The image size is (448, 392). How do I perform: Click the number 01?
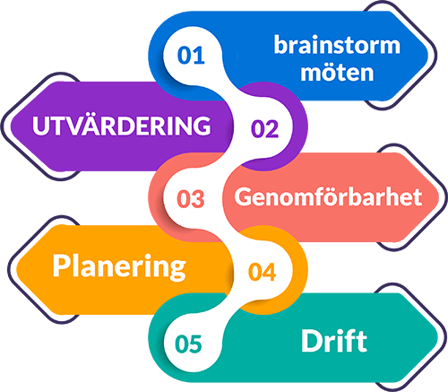191,56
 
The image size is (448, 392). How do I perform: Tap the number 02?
264,128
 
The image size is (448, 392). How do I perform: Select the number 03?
191,199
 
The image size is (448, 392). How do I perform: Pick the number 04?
262,272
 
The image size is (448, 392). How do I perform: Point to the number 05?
188,344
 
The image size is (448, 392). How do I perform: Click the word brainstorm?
337,45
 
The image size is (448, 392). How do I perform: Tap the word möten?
337,73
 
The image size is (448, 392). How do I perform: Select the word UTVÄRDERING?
122,126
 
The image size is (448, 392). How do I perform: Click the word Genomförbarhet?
328,196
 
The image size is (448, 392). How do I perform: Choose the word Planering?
119,267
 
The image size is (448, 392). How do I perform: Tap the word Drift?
334,341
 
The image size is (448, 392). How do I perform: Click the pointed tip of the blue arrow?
427,56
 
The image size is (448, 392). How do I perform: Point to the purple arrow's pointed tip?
11,126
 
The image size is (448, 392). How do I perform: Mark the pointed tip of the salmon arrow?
438,197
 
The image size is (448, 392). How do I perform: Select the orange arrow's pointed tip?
17,269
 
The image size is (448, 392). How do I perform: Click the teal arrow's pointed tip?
438,337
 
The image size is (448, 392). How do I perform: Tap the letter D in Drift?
312,341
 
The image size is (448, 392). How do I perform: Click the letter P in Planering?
61,266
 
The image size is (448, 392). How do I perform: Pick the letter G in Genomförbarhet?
244,196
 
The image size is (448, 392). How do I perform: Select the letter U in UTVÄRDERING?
41,126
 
